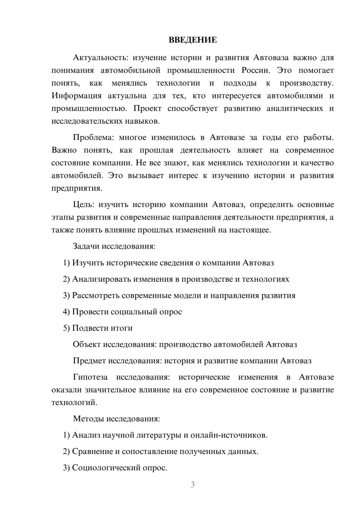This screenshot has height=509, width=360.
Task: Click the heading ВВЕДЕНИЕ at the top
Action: pos(193,40)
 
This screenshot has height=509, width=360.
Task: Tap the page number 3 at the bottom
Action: pos(193,485)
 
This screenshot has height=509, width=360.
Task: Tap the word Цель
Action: pos(83,204)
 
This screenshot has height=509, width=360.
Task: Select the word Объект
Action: pos(87,344)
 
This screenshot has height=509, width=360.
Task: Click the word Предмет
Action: pos(89,361)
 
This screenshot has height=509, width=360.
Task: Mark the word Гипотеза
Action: pos(90,377)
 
